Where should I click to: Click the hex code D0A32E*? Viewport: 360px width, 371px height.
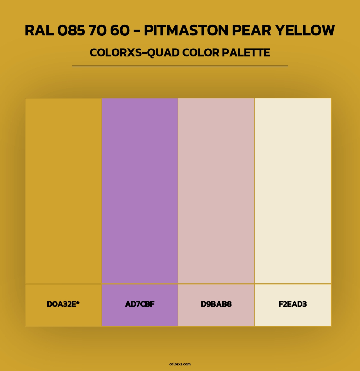(x=63, y=304)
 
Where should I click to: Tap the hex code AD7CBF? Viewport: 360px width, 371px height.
(x=140, y=304)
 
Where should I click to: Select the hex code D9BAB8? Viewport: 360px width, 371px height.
(x=216, y=304)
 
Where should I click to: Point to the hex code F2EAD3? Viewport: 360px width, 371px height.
(x=292, y=304)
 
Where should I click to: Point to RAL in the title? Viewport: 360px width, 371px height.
(x=39, y=30)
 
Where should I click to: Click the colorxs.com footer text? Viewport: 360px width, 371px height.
(x=180, y=364)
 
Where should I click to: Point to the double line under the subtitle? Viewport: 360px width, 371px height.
(x=180, y=66)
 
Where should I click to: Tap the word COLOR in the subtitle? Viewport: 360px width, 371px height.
(x=201, y=53)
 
